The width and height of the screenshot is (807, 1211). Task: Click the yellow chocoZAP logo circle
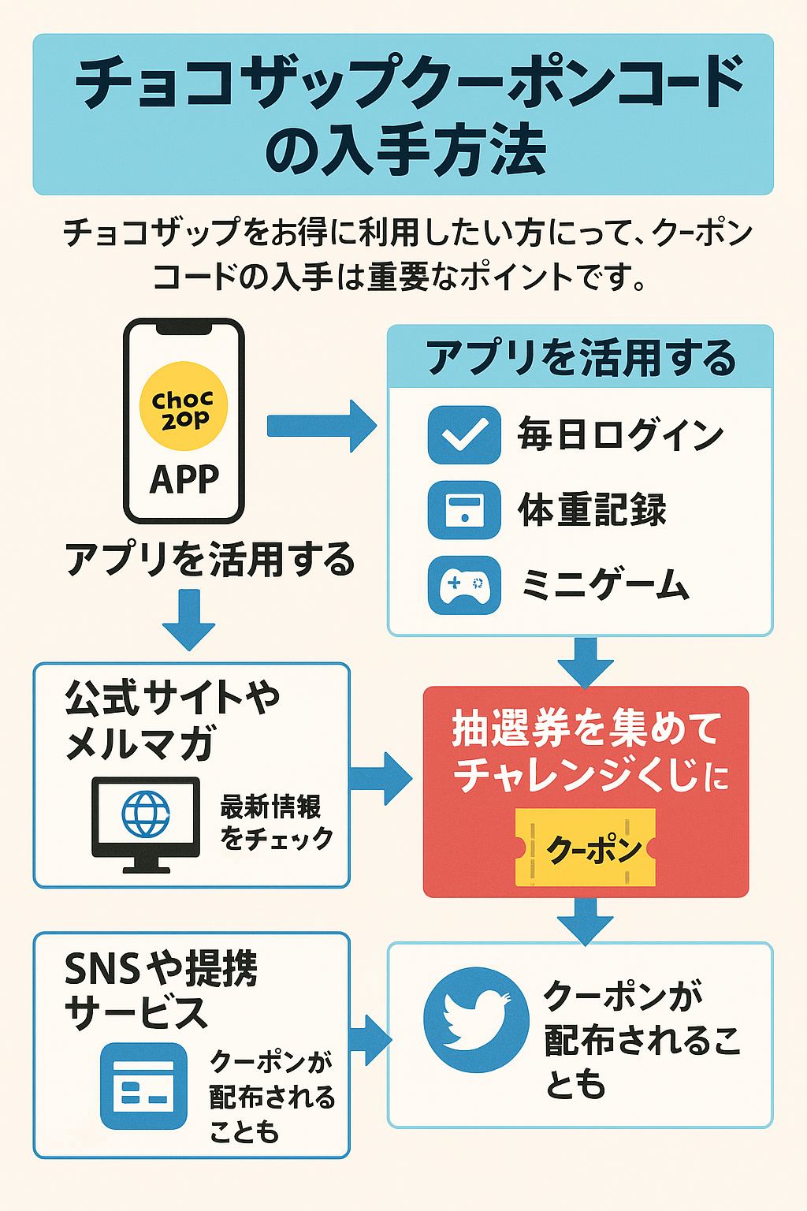[x=184, y=407]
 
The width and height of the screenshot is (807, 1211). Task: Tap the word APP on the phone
[x=184, y=479]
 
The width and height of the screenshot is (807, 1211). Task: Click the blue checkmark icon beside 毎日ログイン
[x=464, y=434]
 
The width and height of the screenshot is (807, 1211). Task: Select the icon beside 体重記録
[x=464, y=509]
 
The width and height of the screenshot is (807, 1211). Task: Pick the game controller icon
[x=464, y=585]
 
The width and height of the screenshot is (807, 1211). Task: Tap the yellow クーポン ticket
[x=586, y=848]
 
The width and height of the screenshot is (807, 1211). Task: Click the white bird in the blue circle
[x=475, y=1019]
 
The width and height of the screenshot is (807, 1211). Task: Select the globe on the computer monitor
[x=146, y=814]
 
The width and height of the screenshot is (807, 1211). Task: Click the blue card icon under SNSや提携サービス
[x=143, y=1086]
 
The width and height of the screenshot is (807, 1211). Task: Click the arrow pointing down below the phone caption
[x=189, y=620]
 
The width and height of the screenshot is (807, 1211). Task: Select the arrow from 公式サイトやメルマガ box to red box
[x=381, y=778]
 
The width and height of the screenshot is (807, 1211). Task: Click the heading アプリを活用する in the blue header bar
[x=581, y=358]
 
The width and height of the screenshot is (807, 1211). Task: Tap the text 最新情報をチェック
[x=276, y=822]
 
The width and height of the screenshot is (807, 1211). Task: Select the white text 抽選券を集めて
[x=586, y=727]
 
